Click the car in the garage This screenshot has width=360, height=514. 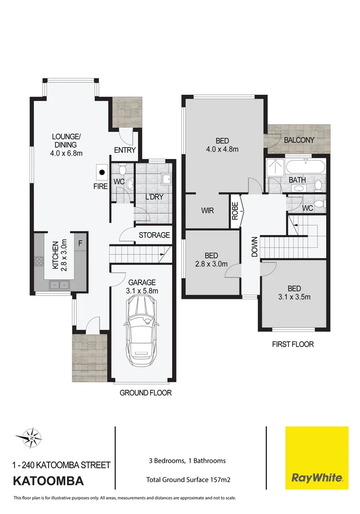click(140, 328)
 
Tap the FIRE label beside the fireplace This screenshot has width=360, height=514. click(100, 187)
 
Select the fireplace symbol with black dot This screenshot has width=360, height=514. click(101, 172)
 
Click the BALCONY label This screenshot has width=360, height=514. click(299, 140)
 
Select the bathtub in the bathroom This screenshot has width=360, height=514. click(306, 168)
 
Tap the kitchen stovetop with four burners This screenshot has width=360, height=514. click(39, 261)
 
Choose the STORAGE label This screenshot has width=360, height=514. click(154, 235)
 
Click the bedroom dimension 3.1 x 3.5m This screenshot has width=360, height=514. click(295, 297)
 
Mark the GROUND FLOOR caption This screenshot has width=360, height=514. click(146, 393)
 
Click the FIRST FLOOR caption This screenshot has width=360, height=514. click(293, 344)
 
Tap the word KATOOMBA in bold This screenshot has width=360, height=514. click(49, 481)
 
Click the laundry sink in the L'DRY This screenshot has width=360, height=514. click(166, 179)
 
